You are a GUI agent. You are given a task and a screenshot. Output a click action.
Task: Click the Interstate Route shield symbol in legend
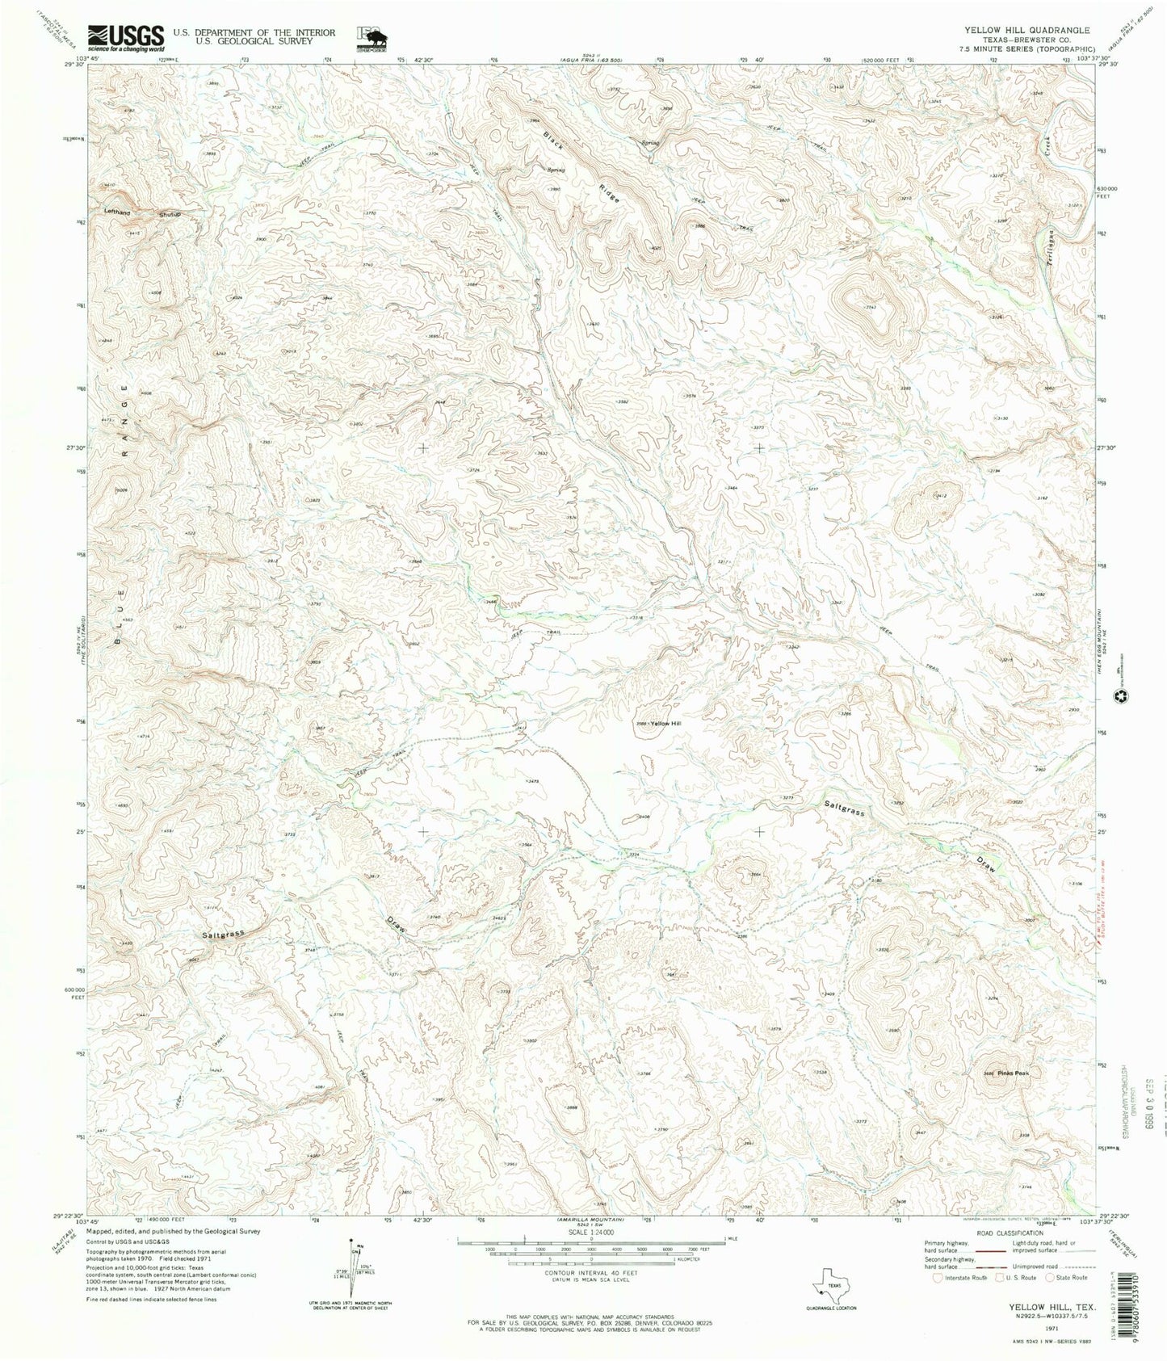click(x=938, y=1300)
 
